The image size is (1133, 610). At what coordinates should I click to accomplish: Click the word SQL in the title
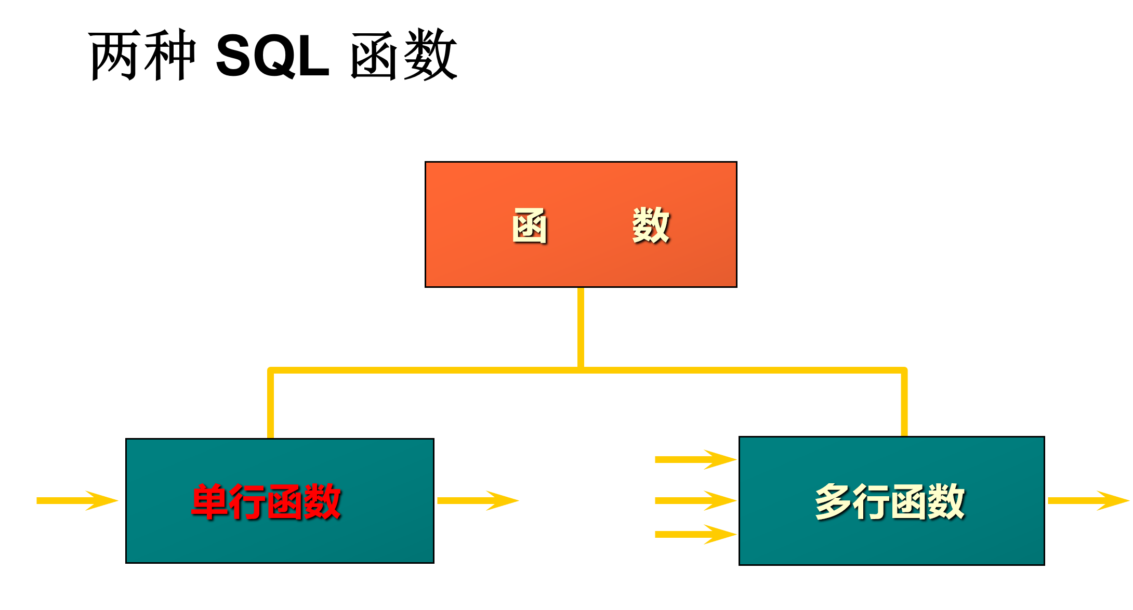272,56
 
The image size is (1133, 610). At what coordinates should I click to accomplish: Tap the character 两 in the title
115,56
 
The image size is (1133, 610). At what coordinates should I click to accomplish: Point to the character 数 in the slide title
430,56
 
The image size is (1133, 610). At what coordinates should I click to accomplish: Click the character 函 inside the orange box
530,226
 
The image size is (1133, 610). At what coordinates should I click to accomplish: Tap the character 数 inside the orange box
651,226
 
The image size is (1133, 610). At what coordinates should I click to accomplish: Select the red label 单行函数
266,501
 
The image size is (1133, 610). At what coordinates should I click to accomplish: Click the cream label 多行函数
890,501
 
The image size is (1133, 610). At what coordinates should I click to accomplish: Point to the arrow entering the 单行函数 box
77,500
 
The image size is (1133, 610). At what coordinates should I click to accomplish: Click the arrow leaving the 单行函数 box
478,500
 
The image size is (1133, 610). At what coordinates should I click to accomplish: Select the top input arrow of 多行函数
695,459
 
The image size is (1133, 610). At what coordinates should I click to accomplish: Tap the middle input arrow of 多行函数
695,500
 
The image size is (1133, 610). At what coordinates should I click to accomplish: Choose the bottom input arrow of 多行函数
695,534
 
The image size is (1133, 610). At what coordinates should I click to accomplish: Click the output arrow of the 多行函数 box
1088,500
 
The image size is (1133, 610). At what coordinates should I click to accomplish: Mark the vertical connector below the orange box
581,327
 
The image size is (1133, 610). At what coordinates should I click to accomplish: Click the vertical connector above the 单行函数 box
271,405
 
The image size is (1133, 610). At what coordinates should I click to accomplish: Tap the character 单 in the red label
209,501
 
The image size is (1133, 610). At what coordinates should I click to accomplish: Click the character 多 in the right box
833,501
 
